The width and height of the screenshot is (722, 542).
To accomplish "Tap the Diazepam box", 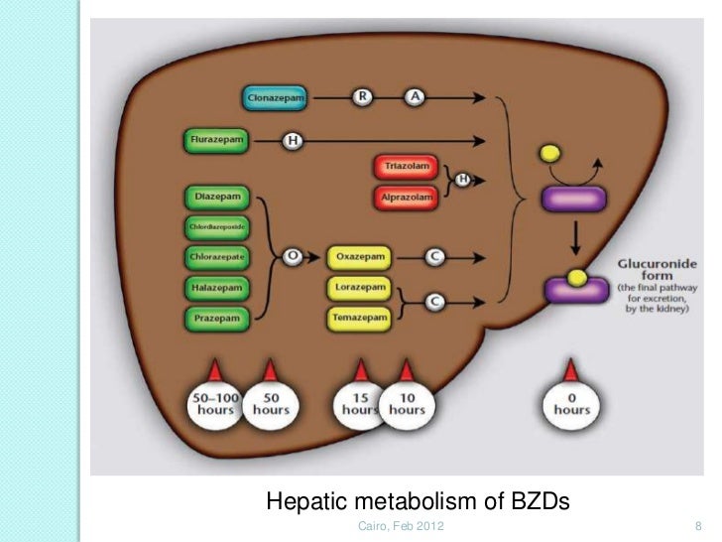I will coord(216,196).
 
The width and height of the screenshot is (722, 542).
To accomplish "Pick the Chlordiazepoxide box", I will coord(215,227).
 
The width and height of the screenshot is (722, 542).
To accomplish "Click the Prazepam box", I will coord(216,320).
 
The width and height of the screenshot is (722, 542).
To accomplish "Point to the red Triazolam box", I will coord(405,167).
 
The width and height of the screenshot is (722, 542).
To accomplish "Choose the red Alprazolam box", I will coord(405,198).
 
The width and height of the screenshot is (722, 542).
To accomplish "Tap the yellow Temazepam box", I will coord(359,319).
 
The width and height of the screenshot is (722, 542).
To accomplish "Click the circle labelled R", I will coord(361,97).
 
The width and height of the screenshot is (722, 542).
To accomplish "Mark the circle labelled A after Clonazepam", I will coord(415,97).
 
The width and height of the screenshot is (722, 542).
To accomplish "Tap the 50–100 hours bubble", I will coord(215,404).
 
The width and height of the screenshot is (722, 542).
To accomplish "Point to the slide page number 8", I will coord(698,525).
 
